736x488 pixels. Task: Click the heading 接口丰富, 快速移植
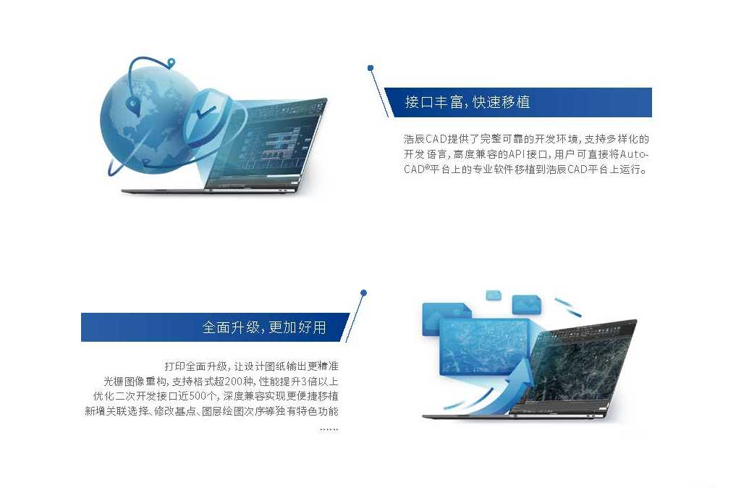point(467,102)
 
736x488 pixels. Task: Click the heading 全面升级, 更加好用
point(264,327)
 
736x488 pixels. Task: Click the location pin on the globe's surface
point(133,105)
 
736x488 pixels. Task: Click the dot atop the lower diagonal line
point(363,293)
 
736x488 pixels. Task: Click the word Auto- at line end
point(634,154)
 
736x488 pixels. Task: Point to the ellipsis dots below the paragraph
point(329,429)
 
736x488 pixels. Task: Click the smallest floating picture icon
point(494,295)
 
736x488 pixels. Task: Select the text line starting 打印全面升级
point(251,366)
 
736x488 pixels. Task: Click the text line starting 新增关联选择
point(211,411)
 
